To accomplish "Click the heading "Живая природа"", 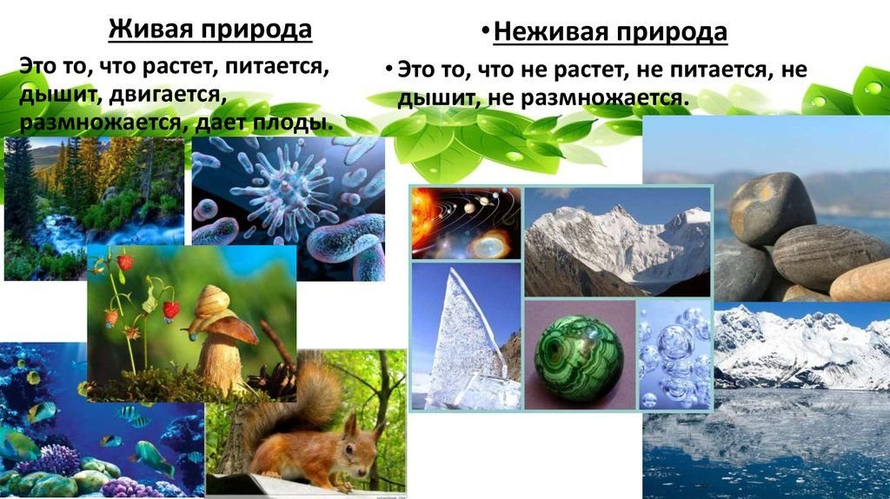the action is tap(210, 29).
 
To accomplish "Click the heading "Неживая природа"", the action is tap(610, 32).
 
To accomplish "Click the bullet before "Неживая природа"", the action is tap(485, 30).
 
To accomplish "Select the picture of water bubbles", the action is tap(674, 355).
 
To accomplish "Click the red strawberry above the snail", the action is tap(171, 310).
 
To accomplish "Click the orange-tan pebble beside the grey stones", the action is tap(860, 280).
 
